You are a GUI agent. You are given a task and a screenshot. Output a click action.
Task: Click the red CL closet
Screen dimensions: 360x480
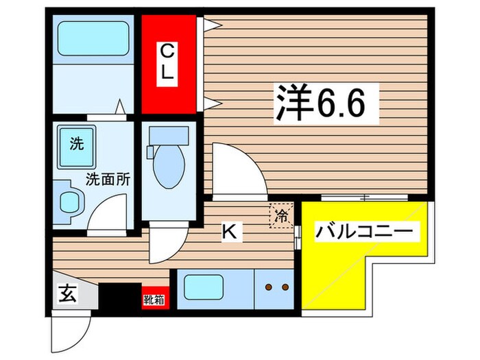(x=169, y=64)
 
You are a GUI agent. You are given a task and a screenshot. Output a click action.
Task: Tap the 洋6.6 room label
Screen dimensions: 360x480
(x=328, y=103)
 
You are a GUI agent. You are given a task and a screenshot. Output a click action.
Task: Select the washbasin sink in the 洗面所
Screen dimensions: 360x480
(x=71, y=201)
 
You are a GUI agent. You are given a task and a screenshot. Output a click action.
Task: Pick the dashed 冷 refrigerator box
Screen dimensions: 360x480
(x=282, y=216)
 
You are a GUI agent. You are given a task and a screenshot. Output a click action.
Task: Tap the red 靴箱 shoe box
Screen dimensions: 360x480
(x=152, y=299)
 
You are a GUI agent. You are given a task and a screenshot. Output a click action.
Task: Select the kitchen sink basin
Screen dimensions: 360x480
(x=204, y=287)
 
